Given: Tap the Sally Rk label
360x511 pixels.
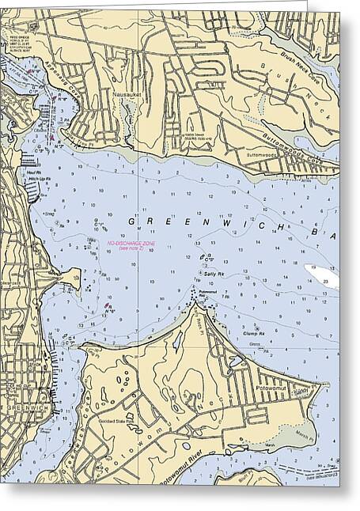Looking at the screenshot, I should [x=212, y=274].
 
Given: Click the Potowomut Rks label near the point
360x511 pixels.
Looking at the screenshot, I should [x=208, y=293].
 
